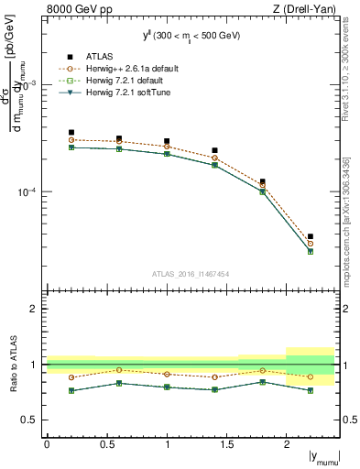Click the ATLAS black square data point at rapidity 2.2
pos(311,236)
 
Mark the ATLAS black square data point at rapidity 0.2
pos(71,133)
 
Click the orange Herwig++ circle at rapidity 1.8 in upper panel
pos(262,186)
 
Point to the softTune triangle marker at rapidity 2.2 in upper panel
pos(311,251)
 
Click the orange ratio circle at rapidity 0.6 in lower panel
pos(118,370)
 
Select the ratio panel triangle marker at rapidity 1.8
pos(262,381)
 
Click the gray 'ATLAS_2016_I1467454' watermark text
pos(191,274)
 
